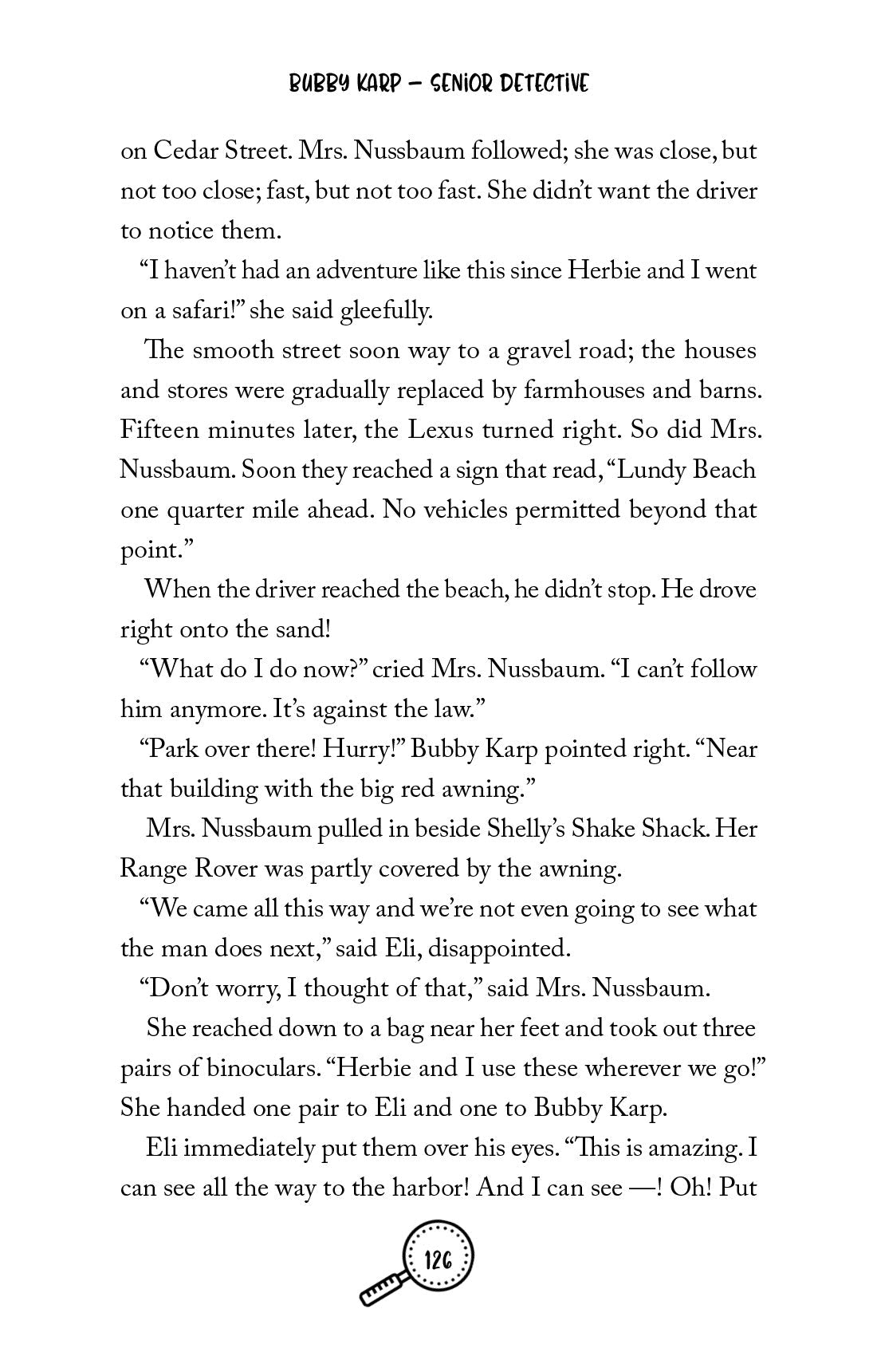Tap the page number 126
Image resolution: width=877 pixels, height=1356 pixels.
click(439, 1283)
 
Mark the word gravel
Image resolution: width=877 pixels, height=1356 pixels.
click(497, 351)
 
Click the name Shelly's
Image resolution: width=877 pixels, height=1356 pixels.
click(527, 830)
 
